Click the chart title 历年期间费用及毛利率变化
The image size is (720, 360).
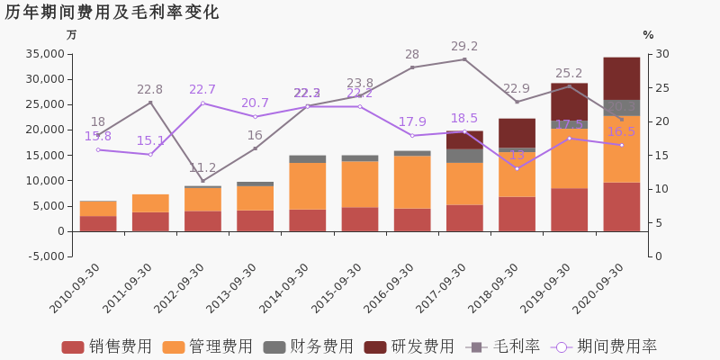[x=112, y=13]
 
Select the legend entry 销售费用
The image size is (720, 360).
[x=107, y=346]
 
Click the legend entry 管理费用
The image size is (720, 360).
[x=208, y=346]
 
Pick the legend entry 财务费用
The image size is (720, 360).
[x=309, y=346]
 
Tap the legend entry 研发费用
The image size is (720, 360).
[x=409, y=346]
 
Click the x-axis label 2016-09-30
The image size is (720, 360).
[x=388, y=288]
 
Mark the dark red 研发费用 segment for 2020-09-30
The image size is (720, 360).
[x=621, y=78]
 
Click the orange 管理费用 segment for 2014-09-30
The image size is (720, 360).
[x=307, y=185]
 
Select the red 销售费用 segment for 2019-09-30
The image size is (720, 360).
[x=569, y=209]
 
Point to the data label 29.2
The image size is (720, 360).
[x=464, y=47]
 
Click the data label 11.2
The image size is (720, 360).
[x=202, y=168]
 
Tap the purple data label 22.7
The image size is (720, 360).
[x=202, y=90]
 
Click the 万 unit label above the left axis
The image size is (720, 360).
[x=72, y=35]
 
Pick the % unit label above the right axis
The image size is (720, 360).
[x=648, y=35]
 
